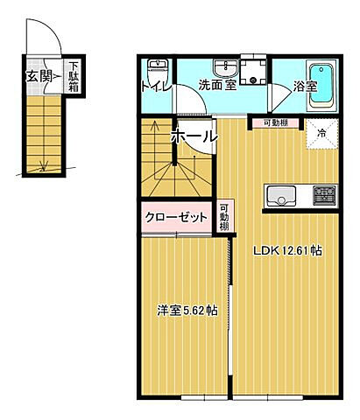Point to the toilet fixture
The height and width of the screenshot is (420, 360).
pos(157,70)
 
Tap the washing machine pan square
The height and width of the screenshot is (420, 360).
pos(254,70)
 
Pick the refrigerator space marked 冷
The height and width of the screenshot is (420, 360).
pos(321,135)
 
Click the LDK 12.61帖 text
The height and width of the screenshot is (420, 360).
pos(287,250)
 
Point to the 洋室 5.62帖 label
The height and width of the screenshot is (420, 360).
pos(187,310)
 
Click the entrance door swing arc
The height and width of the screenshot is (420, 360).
pos(51,44)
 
